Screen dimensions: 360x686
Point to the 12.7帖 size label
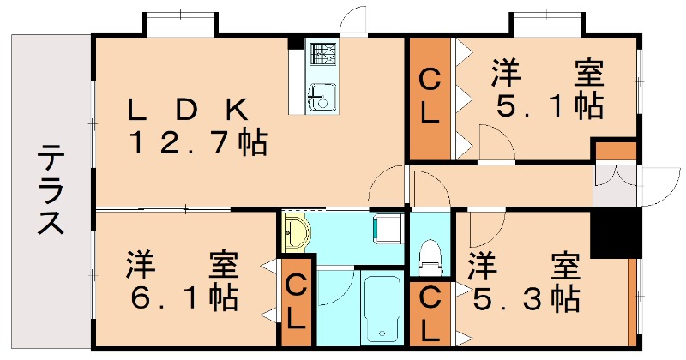pyautogui.click(x=196, y=141)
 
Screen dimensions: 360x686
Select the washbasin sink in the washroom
pyautogui.click(x=297, y=231)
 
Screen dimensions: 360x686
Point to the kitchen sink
pyautogui.click(x=321, y=96)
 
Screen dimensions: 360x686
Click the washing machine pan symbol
pyautogui.click(x=388, y=228)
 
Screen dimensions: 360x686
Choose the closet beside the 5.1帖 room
pyautogui.click(x=430, y=99)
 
